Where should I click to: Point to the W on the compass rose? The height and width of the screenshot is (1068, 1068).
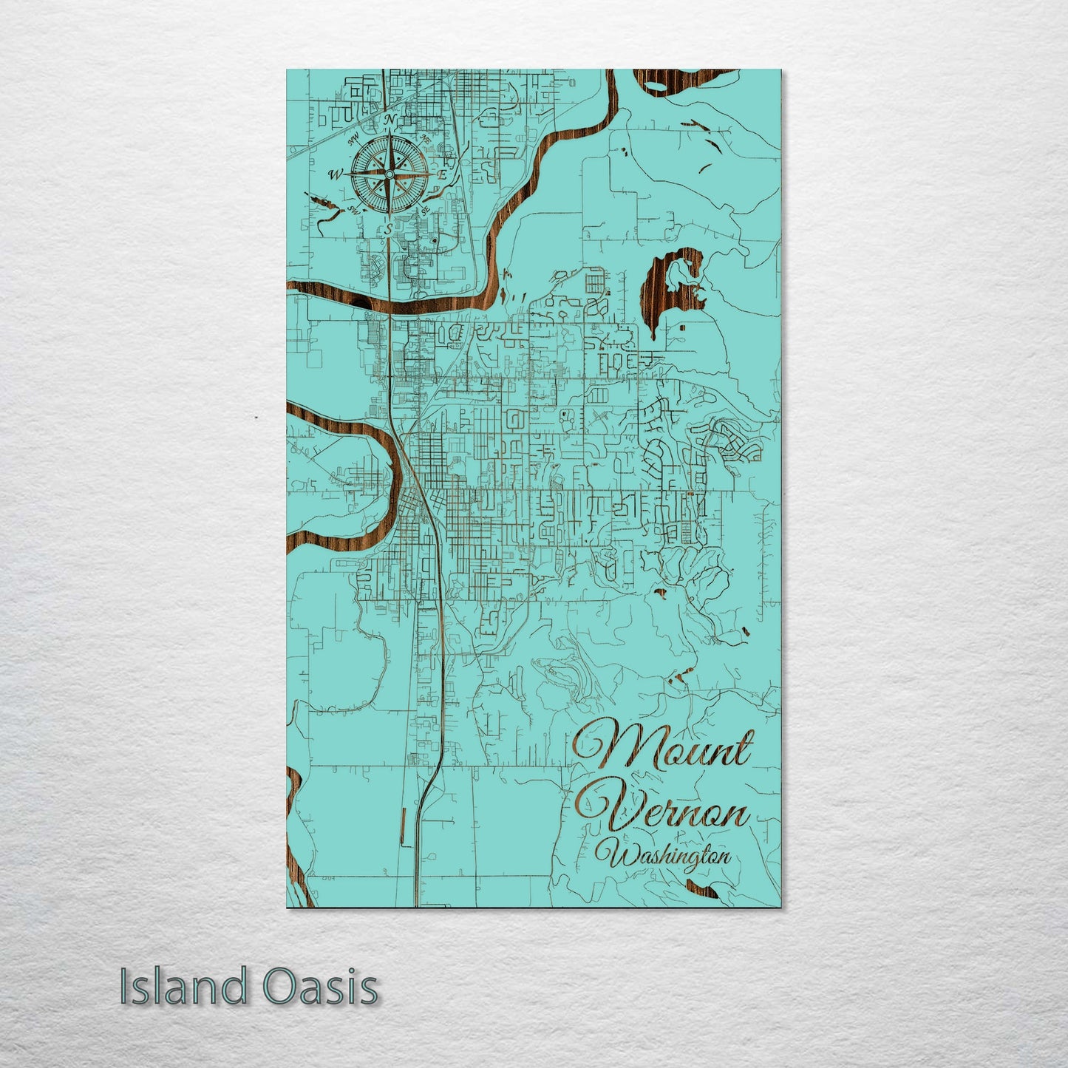pyautogui.click(x=336, y=174)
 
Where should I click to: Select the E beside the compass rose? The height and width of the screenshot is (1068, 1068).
pyautogui.click(x=442, y=175)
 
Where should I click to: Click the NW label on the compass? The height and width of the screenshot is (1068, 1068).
pyautogui.click(x=353, y=137)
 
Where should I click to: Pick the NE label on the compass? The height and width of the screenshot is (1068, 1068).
pyautogui.click(x=425, y=138)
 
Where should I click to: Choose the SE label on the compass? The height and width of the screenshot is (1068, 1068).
pyautogui.click(x=425, y=211)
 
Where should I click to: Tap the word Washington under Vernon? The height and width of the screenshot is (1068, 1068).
pyautogui.click(x=668, y=858)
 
